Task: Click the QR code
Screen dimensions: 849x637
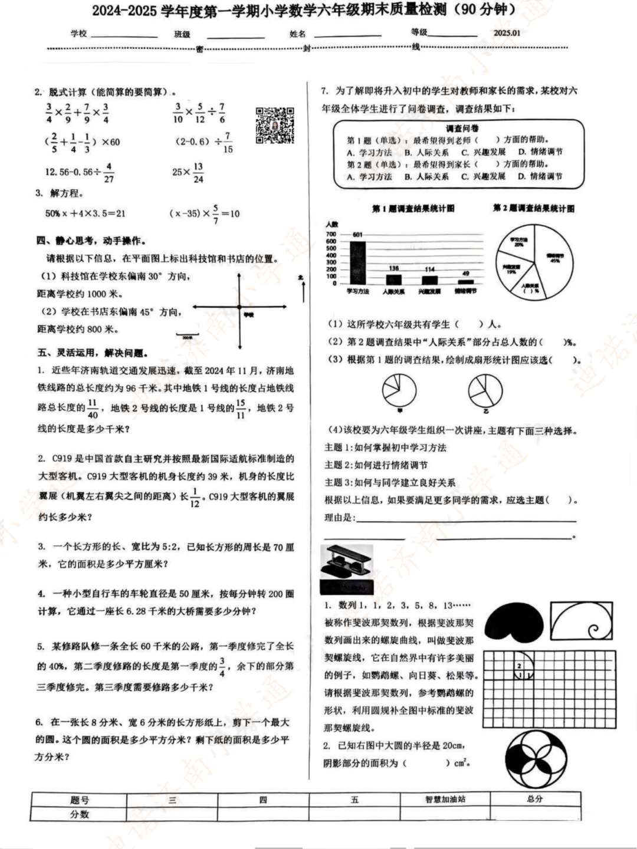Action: pyautogui.click(x=275, y=125)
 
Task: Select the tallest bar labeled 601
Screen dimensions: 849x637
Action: pyautogui.click(x=357, y=262)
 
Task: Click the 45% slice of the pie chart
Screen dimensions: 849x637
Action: pyautogui.click(x=551, y=259)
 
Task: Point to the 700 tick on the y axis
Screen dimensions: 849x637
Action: pyautogui.click(x=331, y=234)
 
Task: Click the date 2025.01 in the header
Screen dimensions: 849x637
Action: pyautogui.click(x=507, y=33)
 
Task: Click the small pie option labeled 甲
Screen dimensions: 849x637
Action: pyautogui.click(x=399, y=391)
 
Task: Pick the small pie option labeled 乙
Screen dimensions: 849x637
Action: pyautogui.click(x=485, y=391)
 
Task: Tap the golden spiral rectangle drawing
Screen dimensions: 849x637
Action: pyautogui.click(x=582, y=623)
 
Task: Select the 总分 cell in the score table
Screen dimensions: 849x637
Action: pyautogui.click(x=534, y=799)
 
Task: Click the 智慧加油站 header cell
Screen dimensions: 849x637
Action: pyautogui.click(x=445, y=799)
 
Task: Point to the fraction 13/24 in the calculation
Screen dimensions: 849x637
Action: pyautogui.click(x=198, y=172)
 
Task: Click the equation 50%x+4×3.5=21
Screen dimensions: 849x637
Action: pyautogui.click(x=86, y=213)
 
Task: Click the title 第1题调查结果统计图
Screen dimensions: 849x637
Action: pyautogui.click(x=413, y=209)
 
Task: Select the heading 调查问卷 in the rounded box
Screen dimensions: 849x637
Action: pyautogui.click(x=462, y=128)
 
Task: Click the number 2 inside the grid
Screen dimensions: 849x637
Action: pyautogui.click(x=519, y=666)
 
